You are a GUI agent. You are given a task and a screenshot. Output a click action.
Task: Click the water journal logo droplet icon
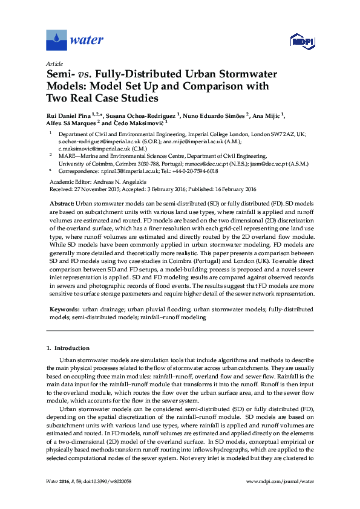(57, 41)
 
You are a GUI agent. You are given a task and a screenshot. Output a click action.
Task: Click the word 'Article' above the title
(53, 63)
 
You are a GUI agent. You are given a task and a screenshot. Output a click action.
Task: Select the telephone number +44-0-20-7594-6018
(185, 170)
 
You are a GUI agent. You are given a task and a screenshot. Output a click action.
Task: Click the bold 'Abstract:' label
(62, 205)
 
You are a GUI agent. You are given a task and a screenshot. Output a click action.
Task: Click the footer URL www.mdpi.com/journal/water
(281, 498)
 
